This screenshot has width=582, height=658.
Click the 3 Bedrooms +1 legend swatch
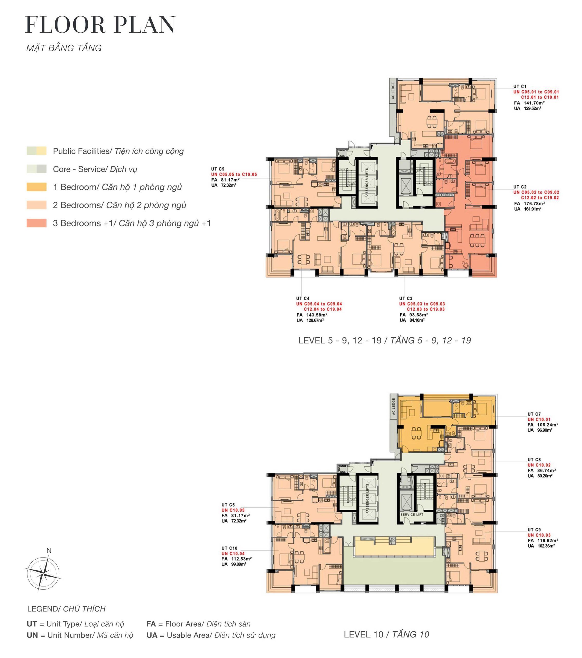[36, 223]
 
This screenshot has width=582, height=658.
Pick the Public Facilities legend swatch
[36, 151]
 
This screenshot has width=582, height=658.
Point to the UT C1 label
[520, 86]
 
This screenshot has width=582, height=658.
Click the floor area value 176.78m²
[534, 204]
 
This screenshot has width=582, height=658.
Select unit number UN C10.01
[539, 419]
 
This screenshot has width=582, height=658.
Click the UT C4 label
[303, 298]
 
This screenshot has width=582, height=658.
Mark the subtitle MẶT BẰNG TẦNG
[64, 48]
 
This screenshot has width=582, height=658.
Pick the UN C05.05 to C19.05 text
[234, 174]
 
